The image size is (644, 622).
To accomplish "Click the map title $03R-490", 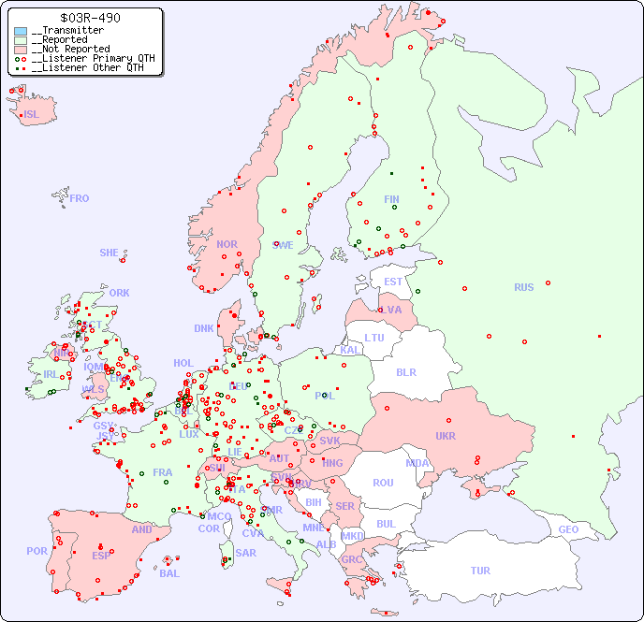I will pos(90,18).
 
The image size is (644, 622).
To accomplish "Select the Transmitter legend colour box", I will pos(21,31).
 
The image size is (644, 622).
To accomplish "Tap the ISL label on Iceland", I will pos(32,115).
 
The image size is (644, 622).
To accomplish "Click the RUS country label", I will pos(523,287).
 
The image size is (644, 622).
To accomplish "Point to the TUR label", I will pos(480,571).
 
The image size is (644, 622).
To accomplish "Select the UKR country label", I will pos(445,436).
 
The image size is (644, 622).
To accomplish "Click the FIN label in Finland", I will pos(391,199).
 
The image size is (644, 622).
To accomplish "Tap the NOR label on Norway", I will pos(227,244).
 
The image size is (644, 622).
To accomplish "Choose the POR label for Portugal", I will pos(37,551).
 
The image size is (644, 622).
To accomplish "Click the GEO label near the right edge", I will pos(568,529).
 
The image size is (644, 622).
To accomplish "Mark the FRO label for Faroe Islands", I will pos(80,198).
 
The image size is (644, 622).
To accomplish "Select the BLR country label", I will pos(405,371).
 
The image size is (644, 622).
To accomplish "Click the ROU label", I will pos(383,483).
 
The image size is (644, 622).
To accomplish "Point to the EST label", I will pos(393,282).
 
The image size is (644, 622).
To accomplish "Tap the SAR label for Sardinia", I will pos(245,553).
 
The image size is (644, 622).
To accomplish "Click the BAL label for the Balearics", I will pos(168,573).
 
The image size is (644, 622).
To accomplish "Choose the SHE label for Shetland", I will pos(110,253).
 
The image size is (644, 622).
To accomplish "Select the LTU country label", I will pos(374,338).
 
